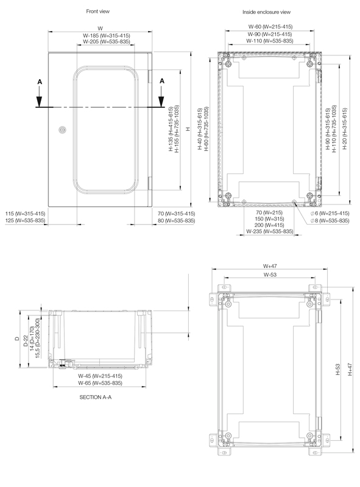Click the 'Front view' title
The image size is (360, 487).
(x=97, y=12)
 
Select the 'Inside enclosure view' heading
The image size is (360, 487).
(x=266, y=12)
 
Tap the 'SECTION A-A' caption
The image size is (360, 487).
(x=96, y=398)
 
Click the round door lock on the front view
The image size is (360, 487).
(x=63, y=130)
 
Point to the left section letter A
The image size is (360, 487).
(x=40, y=82)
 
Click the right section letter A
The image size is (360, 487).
(x=162, y=81)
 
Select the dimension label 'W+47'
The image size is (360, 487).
(x=270, y=266)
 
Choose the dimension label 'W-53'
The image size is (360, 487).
(x=270, y=275)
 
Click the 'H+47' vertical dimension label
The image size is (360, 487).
(x=350, y=370)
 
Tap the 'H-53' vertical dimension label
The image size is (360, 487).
(x=338, y=370)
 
